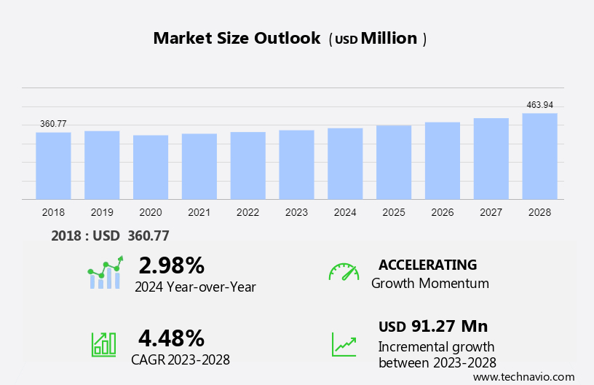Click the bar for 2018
click(x=53, y=166)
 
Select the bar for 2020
click(x=151, y=167)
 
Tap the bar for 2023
click(x=296, y=165)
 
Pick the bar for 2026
click(x=443, y=160)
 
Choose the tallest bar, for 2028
click(x=539, y=156)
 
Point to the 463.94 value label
click(x=539, y=105)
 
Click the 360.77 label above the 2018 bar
click(x=53, y=124)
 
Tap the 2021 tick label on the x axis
click(x=199, y=212)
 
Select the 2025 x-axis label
click(x=394, y=212)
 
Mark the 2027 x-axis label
click(x=491, y=212)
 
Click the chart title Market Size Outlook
click(x=237, y=39)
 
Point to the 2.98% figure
click(x=171, y=264)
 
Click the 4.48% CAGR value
click(x=171, y=338)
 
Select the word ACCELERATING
click(x=427, y=265)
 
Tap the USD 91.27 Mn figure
click(x=433, y=326)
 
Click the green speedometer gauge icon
click(x=344, y=272)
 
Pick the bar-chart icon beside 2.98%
click(x=105, y=273)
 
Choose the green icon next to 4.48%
click(x=103, y=343)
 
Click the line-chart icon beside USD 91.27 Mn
click(x=344, y=343)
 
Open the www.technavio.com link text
click(x=523, y=377)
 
